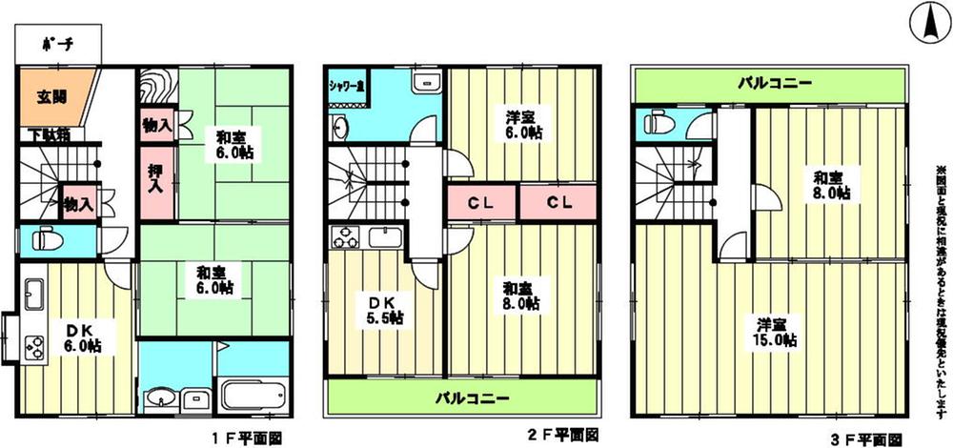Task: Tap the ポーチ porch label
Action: pos(57,44)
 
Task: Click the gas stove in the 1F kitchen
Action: pos(33,345)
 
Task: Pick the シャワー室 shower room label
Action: pos(350,87)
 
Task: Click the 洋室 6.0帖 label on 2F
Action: pos(524,124)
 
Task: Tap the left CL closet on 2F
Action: pos(481,202)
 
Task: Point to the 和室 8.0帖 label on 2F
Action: pos(519,295)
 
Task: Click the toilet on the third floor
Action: pos(660,123)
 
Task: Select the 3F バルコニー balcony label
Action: pos(777,84)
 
